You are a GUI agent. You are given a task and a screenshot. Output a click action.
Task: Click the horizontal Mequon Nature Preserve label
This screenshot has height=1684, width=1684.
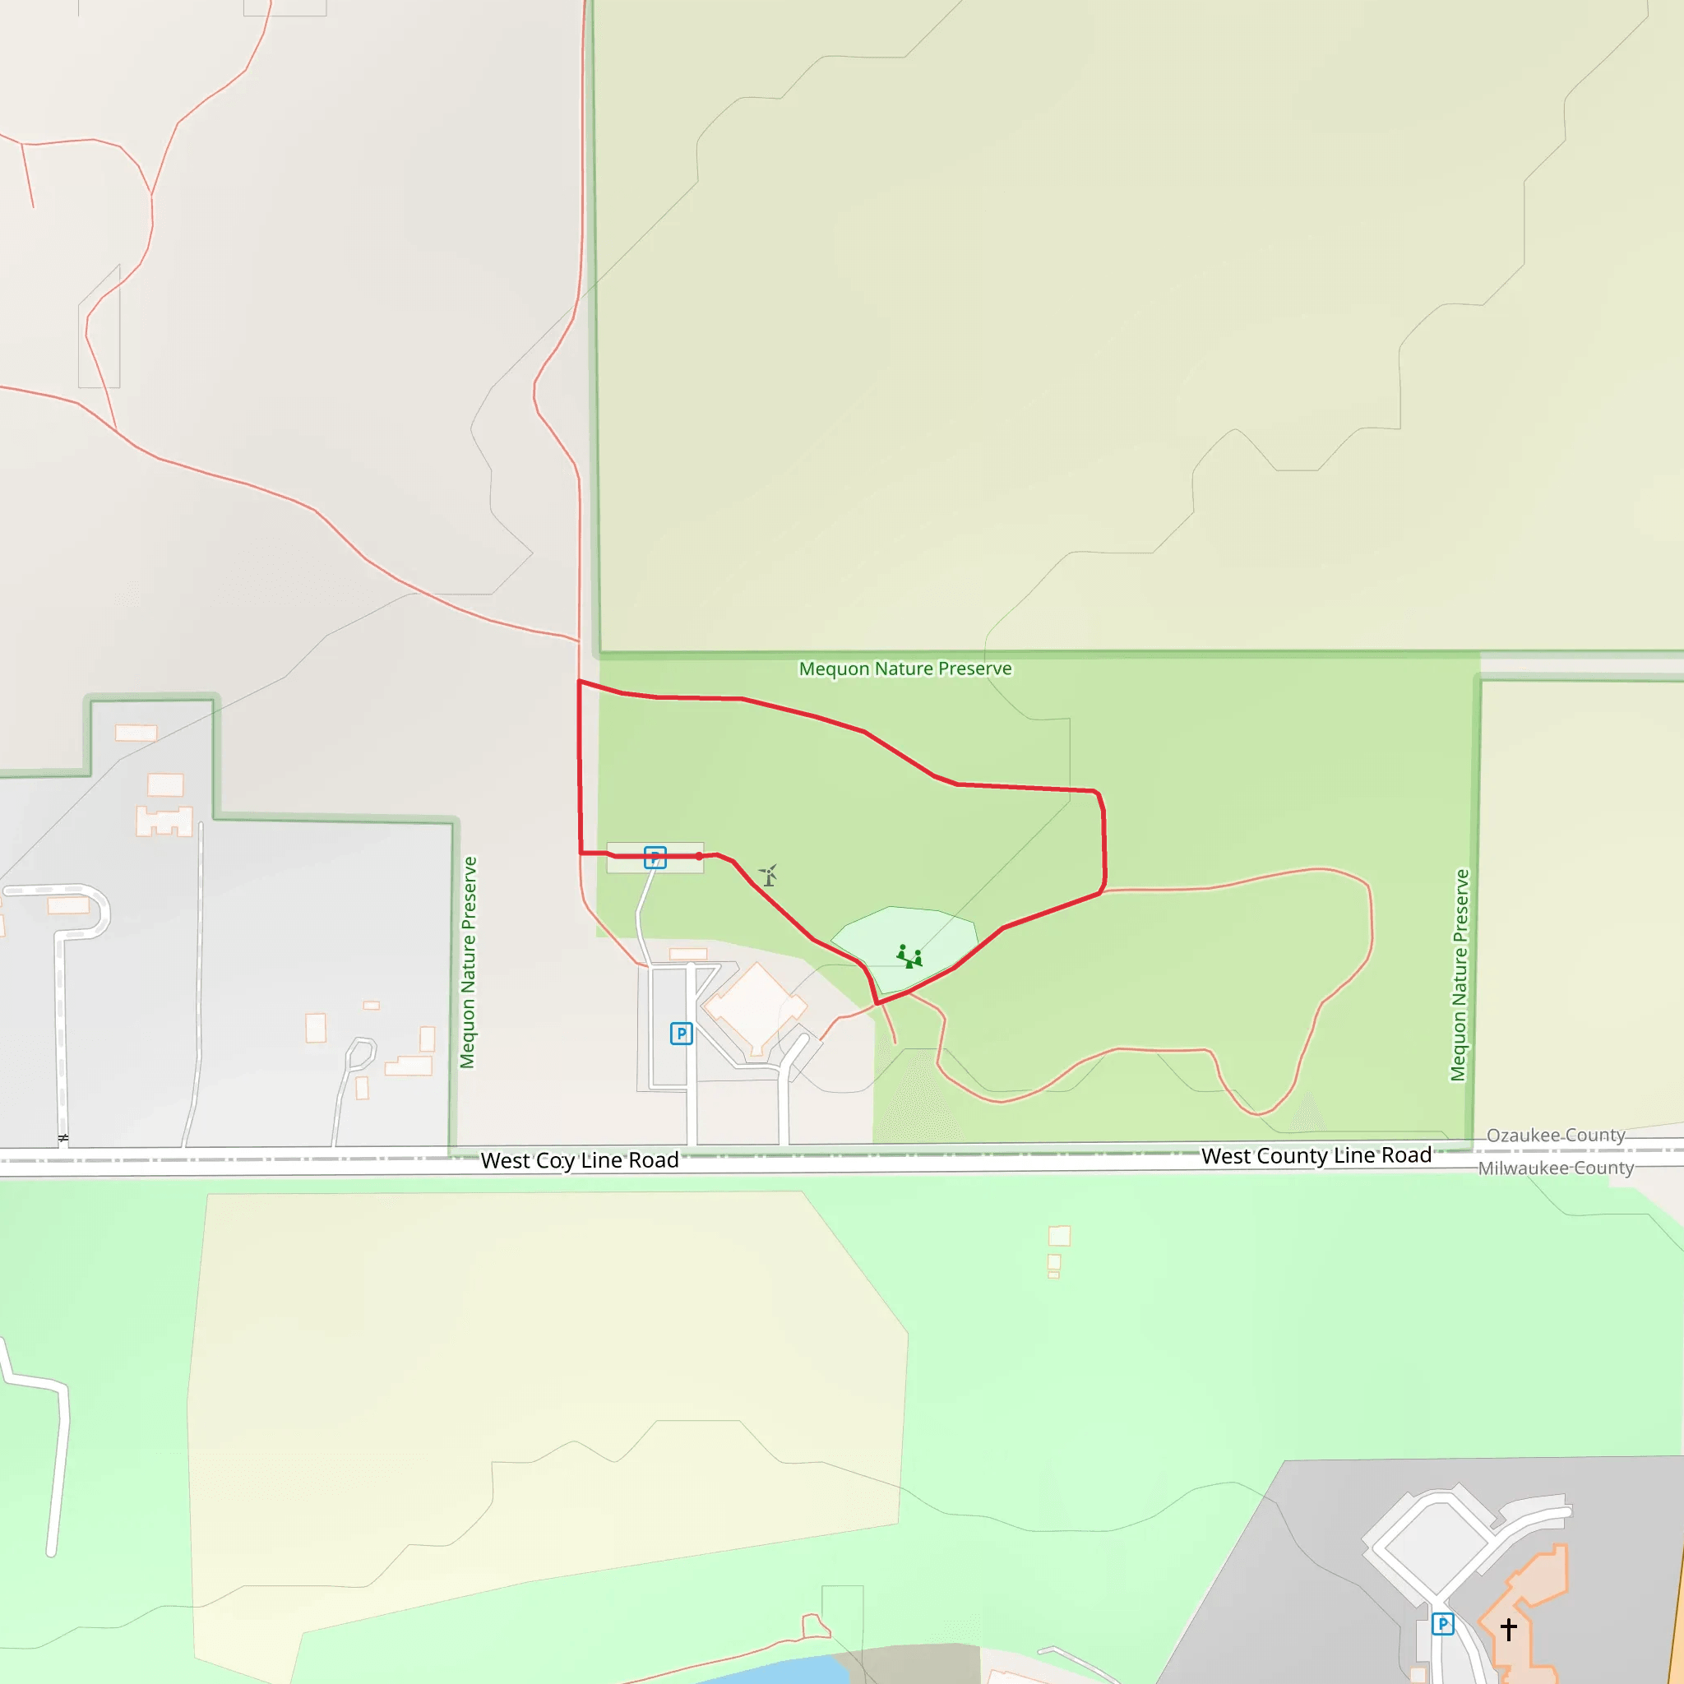point(904,669)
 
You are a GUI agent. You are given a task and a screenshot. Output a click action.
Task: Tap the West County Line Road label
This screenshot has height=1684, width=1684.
point(1316,1156)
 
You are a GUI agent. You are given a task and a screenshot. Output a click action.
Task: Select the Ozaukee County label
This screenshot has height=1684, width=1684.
point(1556,1135)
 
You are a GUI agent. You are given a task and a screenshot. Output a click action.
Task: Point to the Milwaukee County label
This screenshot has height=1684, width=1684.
point(1556,1168)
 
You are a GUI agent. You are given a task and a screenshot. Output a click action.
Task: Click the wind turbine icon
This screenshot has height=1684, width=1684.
point(768,874)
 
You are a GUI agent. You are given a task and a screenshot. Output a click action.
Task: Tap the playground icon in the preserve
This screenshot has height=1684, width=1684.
point(909,956)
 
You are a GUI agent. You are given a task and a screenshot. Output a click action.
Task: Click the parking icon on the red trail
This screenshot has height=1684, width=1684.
point(655,858)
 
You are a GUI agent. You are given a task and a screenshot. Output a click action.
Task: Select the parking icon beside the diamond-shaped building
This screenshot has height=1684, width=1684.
point(681,1034)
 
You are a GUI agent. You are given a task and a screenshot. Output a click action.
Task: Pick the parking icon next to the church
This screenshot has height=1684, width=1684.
point(1442,1624)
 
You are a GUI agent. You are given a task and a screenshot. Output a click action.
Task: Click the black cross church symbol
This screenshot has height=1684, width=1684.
point(1509,1628)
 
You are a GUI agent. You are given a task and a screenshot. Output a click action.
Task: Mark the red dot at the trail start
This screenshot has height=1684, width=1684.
point(699,856)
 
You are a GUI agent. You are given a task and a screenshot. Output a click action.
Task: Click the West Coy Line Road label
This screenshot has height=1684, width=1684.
point(580,1160)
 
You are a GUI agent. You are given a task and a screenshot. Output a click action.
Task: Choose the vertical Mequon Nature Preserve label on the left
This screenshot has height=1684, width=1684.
point(468,962)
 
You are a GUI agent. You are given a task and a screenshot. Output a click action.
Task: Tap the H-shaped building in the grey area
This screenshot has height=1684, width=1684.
point(164,821)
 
